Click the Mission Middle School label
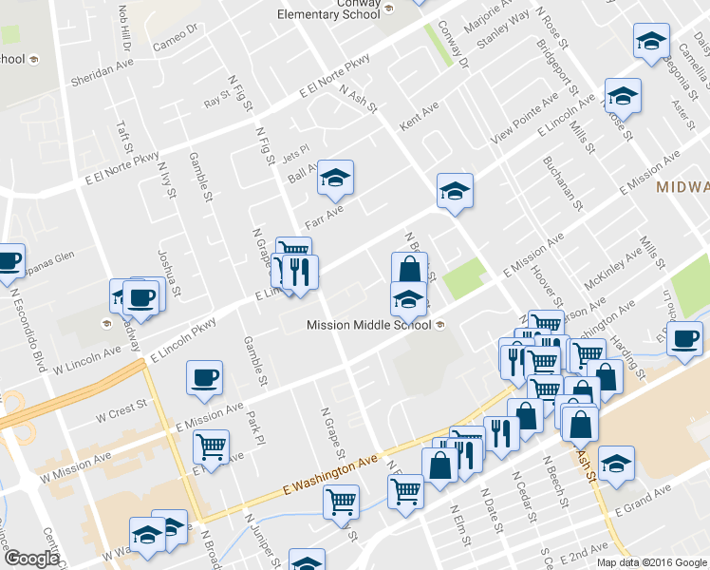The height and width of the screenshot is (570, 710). [369, 325]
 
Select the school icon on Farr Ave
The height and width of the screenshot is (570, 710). [335, 176]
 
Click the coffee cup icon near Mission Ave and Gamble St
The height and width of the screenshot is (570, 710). [205, 377]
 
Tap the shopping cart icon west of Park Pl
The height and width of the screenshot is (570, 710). [212, 445]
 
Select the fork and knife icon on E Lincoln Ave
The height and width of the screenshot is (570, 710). [300, 272]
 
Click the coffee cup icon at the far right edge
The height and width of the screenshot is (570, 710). [684, 338]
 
